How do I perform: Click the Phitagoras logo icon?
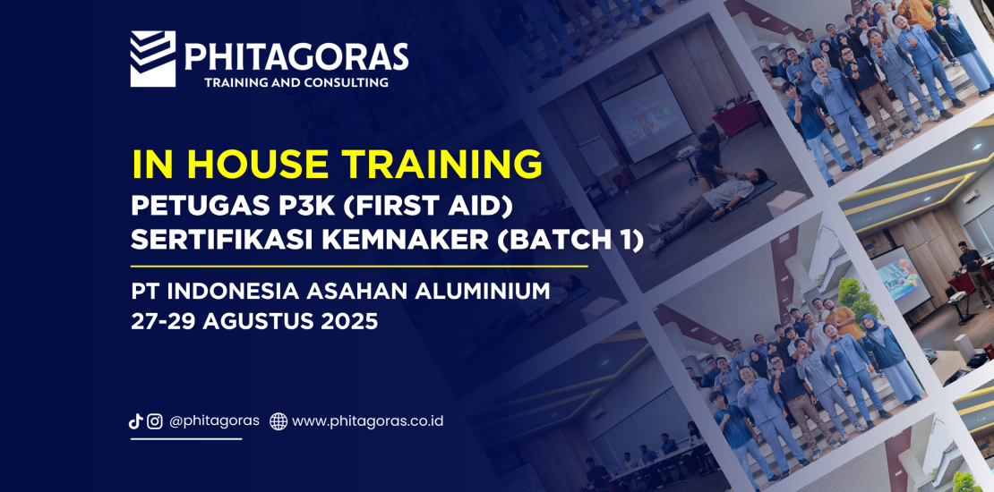point(152,59)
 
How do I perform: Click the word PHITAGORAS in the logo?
point(296,58)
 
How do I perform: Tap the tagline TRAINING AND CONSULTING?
point(296,83)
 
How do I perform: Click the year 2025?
point(346,321)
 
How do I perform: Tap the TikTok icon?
point(136,421)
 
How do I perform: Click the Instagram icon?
point(155,421)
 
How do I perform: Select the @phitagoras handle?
point(215,420)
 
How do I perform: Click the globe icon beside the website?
point(278,421)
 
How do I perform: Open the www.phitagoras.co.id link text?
point(367,420)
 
